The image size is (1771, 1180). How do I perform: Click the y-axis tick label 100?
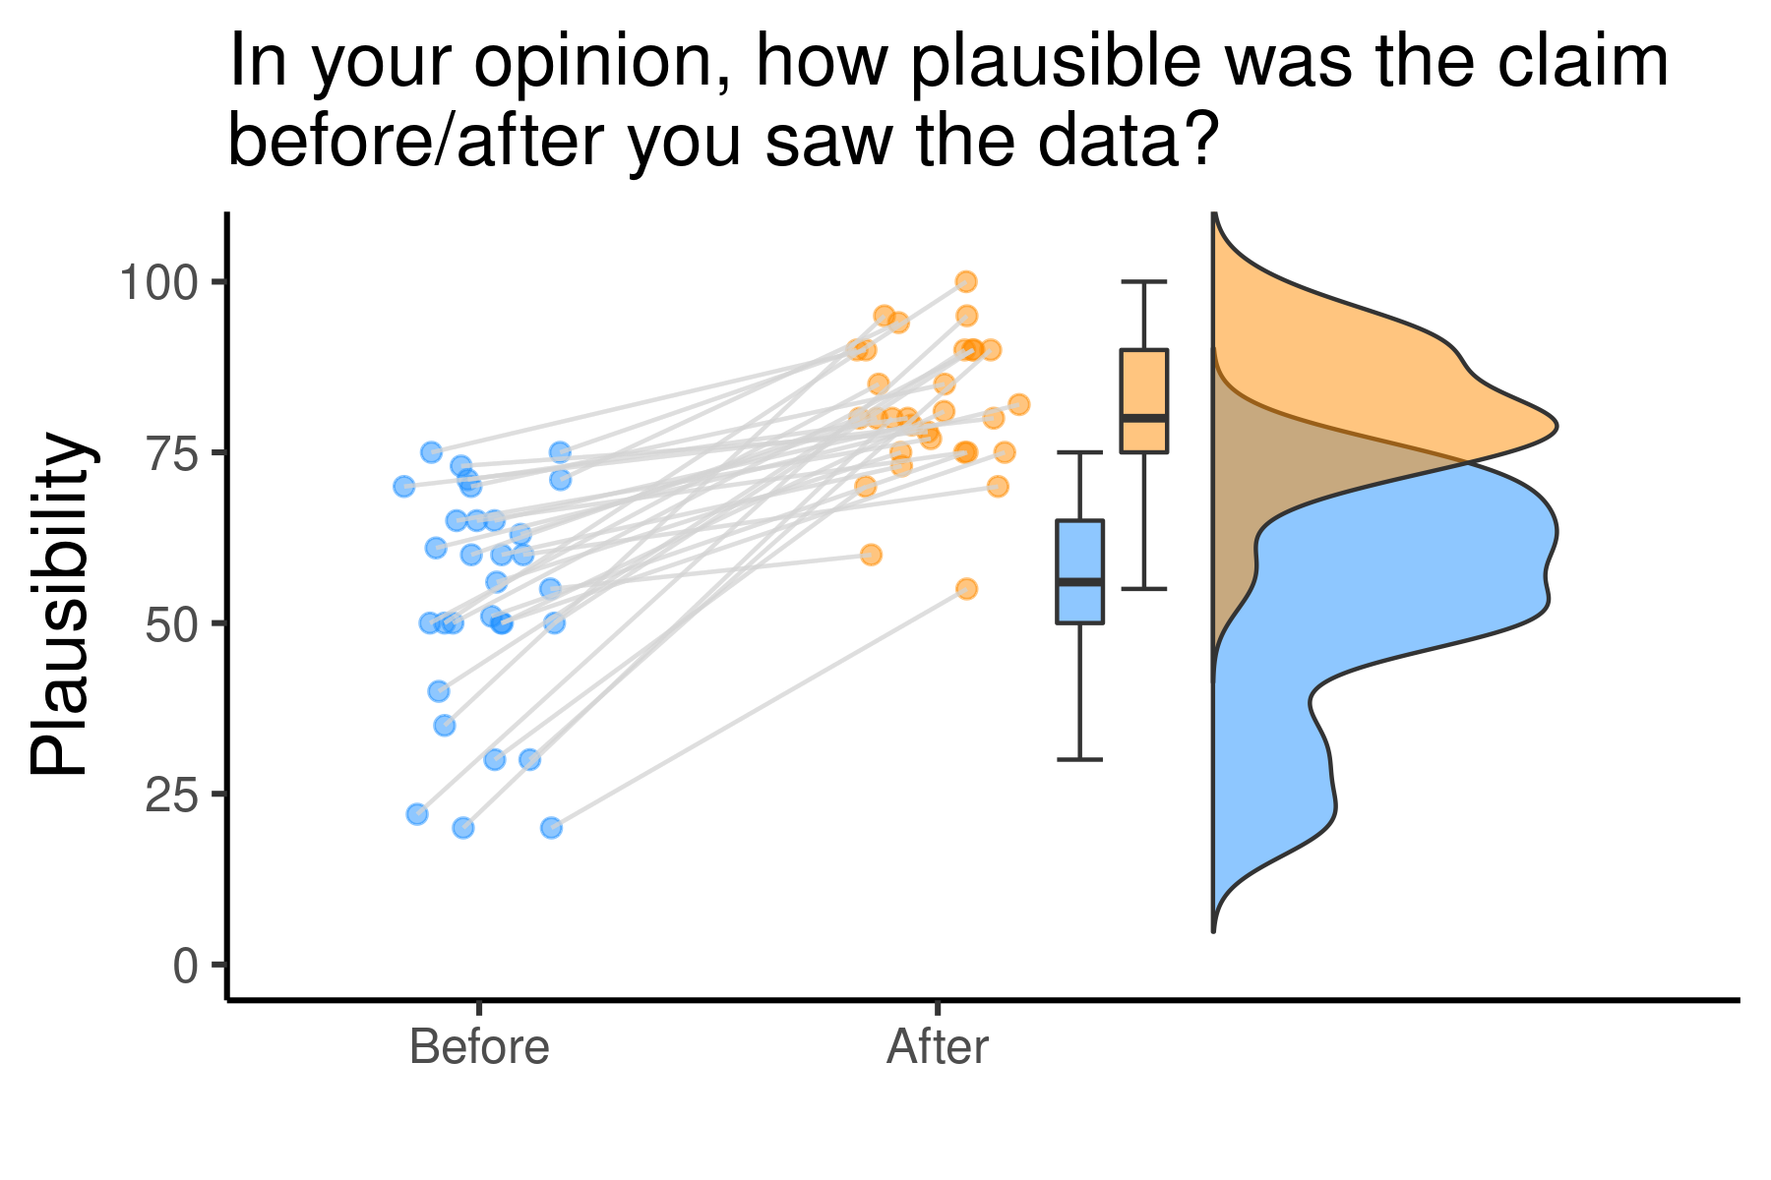tap(158, 282)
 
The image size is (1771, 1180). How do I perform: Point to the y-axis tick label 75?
tap(172, 453)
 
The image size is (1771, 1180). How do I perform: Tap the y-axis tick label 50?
tap(172, 624)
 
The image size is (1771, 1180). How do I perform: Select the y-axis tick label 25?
tap(172, 795)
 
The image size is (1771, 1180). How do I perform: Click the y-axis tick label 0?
tap(186, 966)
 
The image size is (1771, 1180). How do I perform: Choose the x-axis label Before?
tap(479, 1046)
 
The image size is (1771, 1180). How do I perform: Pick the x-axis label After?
tap(937, 1046)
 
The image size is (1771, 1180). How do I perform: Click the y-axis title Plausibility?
tap(59, 605)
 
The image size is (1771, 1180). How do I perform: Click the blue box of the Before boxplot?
tap(1079, 571)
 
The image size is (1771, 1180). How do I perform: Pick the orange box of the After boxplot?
tap(1144, 400)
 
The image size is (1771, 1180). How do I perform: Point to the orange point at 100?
tap(966, 282)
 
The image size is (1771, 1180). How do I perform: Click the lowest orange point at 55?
tap(966, 589)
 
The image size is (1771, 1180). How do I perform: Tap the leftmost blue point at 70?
tap(403, 486)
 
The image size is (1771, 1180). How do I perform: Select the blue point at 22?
tap(417, 814)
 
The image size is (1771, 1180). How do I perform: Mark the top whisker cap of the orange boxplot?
tap(1144, 281)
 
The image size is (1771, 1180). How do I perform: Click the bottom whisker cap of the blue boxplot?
tap(1079, 759)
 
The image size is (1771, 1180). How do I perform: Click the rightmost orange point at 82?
tap(1018, 404)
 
